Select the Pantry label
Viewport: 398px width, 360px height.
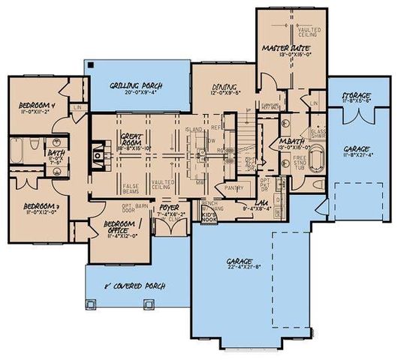(235, 188)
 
